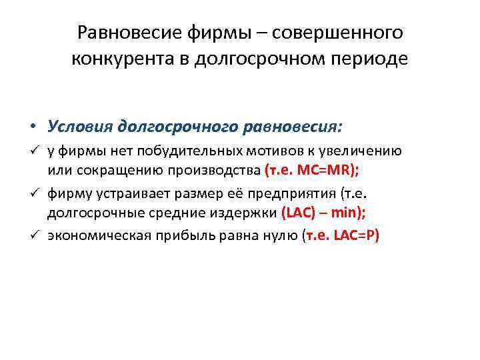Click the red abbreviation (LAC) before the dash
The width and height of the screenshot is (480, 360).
[296, 214]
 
